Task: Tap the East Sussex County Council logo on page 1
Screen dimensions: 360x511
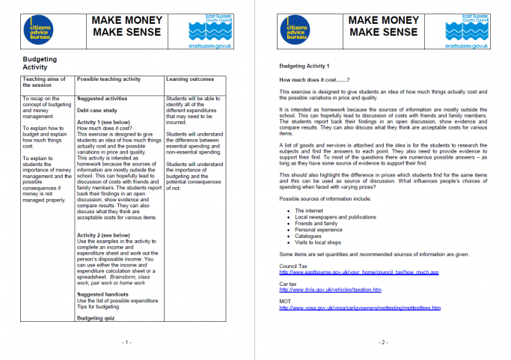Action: point(212,31)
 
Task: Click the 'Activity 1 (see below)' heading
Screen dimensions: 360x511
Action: point(104,121)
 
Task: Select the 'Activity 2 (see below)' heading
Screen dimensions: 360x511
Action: point(104,235)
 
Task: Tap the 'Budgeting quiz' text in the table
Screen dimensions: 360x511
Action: point(97,318)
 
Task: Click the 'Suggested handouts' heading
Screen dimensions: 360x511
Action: point(103,293)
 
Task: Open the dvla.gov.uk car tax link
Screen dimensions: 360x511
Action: point(330,290)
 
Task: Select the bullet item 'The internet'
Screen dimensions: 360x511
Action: point(309,212)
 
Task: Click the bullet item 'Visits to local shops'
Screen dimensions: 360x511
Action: point(318,242)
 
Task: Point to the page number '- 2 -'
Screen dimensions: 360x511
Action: point(382,342)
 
